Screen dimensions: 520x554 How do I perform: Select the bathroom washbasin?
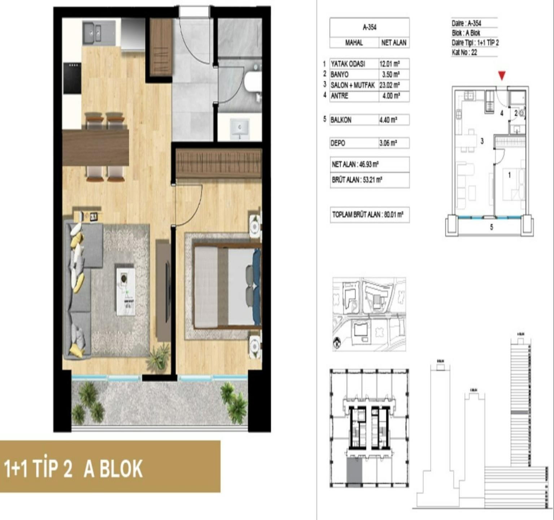(240, 128)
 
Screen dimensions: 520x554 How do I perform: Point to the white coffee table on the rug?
(126, 290)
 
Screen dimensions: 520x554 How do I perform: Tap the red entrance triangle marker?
(501, 75)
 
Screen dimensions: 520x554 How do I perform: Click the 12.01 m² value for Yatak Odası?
(389, 64)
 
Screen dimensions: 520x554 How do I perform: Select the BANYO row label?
(340, 74)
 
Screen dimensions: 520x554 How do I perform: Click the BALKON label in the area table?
(341, 120)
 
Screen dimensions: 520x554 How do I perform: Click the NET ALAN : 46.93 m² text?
(355, 164)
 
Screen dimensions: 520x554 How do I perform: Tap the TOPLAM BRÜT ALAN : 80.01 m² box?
(368, 215)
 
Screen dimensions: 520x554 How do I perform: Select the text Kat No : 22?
(464, 52)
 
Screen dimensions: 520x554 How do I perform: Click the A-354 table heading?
(369, 27)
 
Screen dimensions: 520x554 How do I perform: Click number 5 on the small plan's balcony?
(491, 227)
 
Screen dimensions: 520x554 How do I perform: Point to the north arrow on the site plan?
(337, 343)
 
